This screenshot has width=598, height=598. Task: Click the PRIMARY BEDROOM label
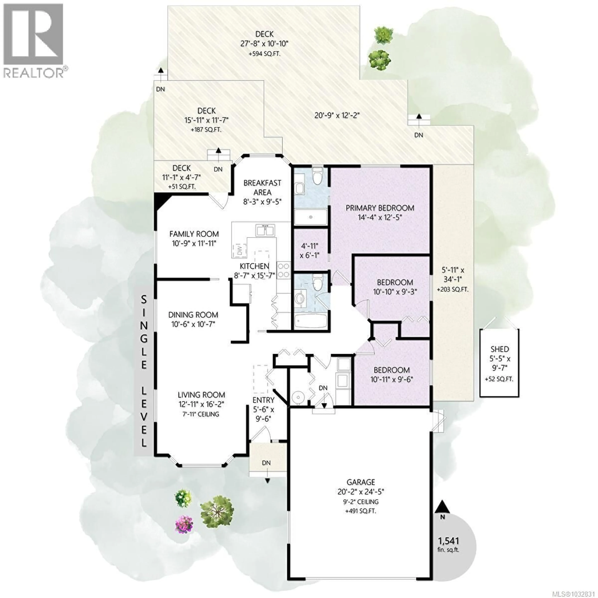coord(380,208)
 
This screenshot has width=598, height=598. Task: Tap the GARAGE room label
coord(361,482)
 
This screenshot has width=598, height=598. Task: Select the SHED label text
coord(500,349)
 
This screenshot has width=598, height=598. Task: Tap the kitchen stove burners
coord(284,270)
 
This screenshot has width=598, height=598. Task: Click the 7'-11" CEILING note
coord(201,414)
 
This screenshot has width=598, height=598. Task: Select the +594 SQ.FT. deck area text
coord(264,54)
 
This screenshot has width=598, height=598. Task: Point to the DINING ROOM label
coord(193,315)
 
